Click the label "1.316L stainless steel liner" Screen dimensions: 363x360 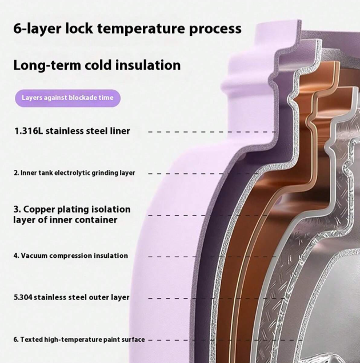pos(72,131)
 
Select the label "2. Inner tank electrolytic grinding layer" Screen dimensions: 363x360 pos(74,173)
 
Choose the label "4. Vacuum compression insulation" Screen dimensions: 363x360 pos(71,256)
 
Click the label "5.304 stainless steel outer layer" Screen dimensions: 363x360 pos(71,297)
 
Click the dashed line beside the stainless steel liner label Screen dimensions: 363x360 pos(211,131)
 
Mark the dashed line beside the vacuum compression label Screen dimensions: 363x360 pos(211,256)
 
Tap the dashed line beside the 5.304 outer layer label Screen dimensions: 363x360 pos(217,298)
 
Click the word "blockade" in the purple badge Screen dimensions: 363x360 pos(83,98)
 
